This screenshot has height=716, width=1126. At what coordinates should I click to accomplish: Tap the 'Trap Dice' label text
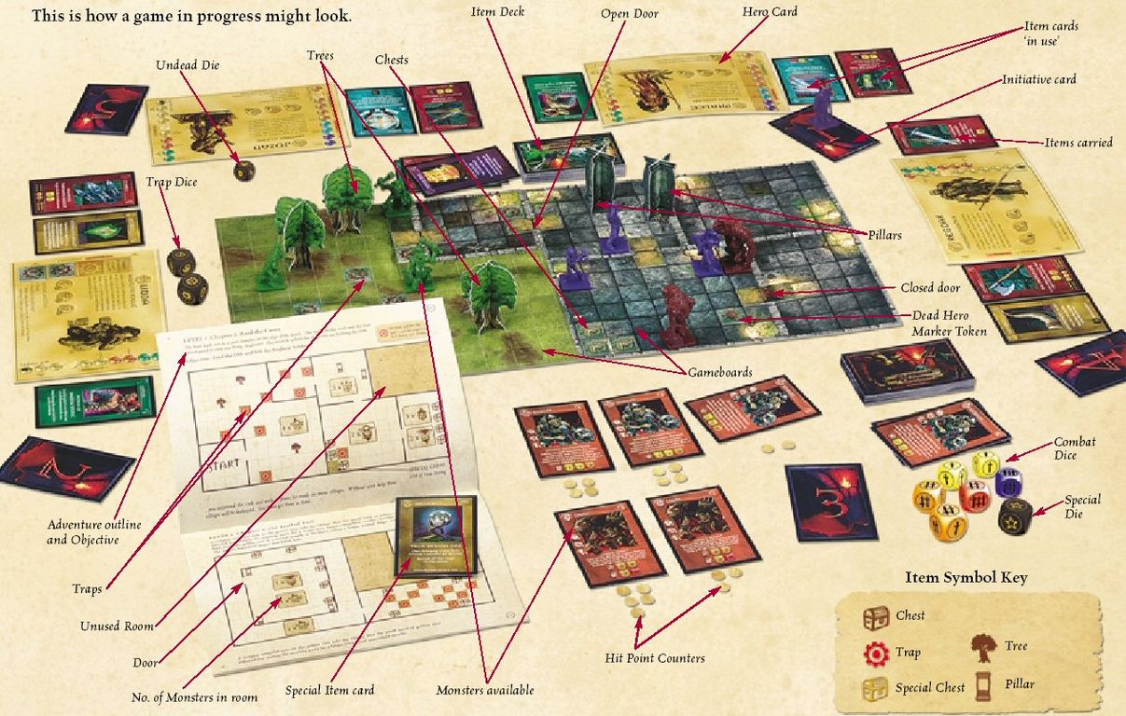click(x=171, y=182)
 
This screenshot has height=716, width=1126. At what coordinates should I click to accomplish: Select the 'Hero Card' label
click(x=771, y=12)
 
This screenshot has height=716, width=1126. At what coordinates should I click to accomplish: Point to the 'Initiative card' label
click(x=1039, y=79)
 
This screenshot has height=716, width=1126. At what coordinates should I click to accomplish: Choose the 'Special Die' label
click(x=1082, y=506)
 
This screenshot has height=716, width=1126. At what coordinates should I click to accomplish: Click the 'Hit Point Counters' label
click(x=655, y=659)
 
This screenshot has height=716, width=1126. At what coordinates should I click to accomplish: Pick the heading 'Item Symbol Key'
click(x=966, y=577)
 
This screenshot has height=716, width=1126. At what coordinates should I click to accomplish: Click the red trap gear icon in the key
click(x=876, y=653)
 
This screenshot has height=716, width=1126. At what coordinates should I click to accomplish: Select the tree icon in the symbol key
click(x=985, y=646)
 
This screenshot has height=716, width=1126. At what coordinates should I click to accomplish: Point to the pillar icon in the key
click(x=985, y=684)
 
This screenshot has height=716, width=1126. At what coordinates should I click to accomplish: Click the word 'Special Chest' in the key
click(x=929, y=687)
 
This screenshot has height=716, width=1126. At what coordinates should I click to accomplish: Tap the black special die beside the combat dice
click(x=1014, y=516)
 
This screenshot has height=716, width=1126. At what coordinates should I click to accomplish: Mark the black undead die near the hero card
click(x=244, y=171)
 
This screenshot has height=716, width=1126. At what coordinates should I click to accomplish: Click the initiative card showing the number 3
click(x=830, y=501)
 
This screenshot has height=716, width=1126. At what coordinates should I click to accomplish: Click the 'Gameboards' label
click(x=720, y=372)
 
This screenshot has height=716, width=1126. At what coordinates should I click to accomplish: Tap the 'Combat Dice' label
click(x=1074, y=447)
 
